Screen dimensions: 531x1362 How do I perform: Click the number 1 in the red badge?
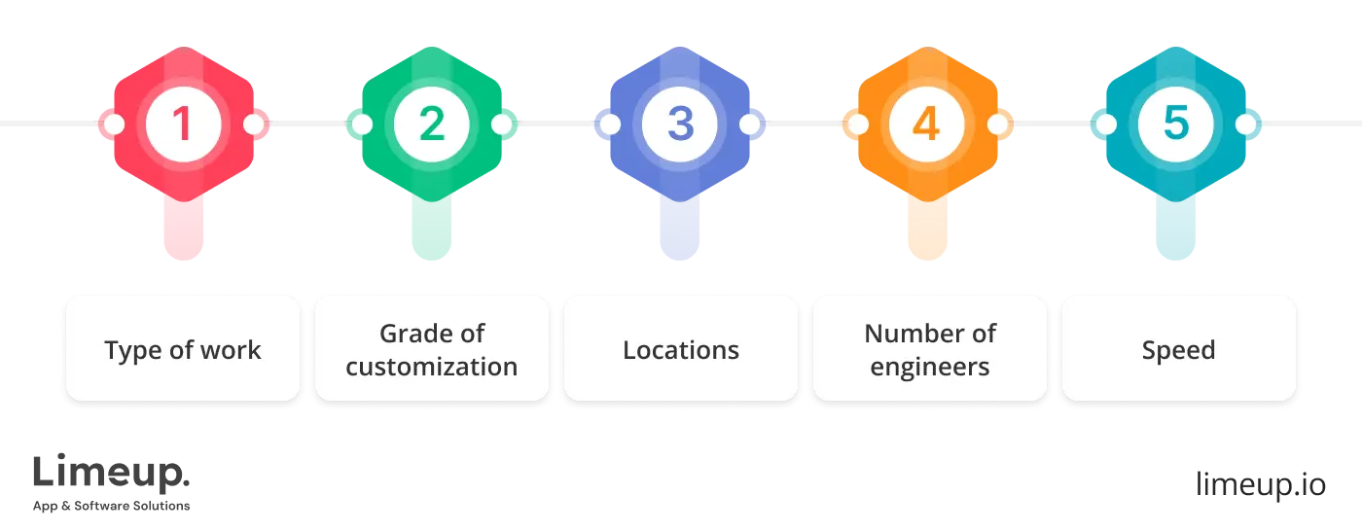click(183, 124)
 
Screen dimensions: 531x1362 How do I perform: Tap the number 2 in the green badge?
click(431, 124)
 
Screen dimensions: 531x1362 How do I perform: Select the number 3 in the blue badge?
click(680, 124)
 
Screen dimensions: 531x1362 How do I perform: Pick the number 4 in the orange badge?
click(927, 124)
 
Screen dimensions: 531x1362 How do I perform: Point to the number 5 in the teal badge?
click(1175, 124)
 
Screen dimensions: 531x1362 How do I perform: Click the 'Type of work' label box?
click(183, 349)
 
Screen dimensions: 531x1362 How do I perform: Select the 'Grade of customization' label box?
click(432, 349)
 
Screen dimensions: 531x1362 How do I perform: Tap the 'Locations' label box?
click(681, 349)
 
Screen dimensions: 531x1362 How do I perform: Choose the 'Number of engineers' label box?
click(930, 349)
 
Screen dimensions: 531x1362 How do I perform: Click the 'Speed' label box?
click(1178, 349)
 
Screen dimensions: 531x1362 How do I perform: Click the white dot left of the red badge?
click(113, 124)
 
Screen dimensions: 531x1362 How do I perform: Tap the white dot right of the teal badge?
click(1246, 124)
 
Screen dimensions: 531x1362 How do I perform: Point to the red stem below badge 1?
click(183, 229)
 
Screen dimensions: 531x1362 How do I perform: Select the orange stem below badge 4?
click(927, 229)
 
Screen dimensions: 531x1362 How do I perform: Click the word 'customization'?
click(432, 367)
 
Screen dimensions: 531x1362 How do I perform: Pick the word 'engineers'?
click(930, 367)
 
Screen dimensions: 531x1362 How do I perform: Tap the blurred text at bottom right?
click(1260, 482)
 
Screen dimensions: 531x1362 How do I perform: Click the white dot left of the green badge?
click(362, 124)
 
